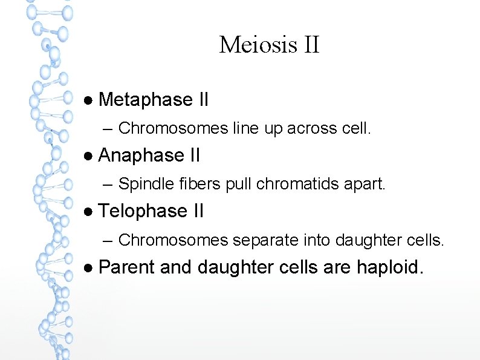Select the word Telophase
143,211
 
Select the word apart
367,184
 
